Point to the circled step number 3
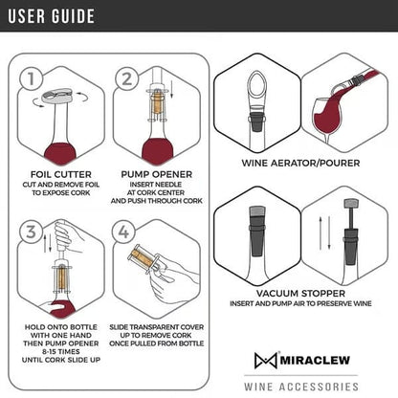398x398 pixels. (x=32, y=232)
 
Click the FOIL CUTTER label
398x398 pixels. (x=60, y=174)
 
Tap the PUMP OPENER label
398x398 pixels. (x=156, y=174)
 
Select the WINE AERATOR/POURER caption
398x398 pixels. (x=300, y=163)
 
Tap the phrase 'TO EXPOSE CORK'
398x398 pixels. (x=60, y=193)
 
